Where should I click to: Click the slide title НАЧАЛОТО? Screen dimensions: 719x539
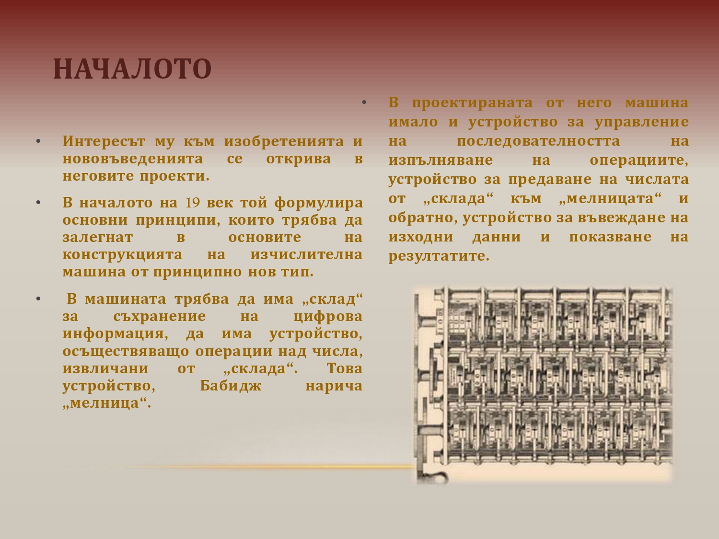pos(132,69)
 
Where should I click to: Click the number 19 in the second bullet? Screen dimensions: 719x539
pos(193,203)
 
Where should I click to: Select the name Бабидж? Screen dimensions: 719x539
pos(231,386)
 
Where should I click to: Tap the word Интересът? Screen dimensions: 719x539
pos(104,141)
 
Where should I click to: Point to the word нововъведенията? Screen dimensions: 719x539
pos(133,159)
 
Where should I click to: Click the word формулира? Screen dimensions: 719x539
pos(318,203)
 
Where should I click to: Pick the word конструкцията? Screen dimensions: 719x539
pos(122,255)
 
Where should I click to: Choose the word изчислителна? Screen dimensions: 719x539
pos(307,254)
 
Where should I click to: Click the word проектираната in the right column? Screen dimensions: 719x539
pos(472,103)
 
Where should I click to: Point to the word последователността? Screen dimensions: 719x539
pos(538,141)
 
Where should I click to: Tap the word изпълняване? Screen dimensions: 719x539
pos(441,161)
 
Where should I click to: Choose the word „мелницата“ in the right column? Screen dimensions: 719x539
pos(610,198)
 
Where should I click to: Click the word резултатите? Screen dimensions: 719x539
pos(439,256)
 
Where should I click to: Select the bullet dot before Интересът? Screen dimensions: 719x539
pos(38,141)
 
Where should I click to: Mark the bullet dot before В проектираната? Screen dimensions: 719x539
pos(364,103)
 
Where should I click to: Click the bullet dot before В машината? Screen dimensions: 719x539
pos(38,299)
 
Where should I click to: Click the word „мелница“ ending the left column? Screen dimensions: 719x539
pos(107,403)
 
